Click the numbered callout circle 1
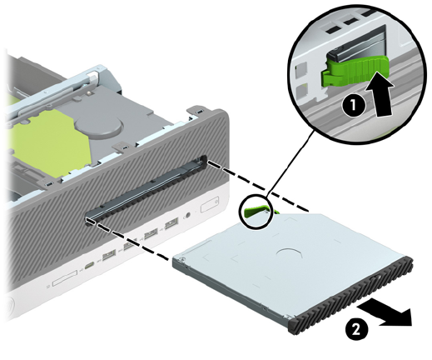click(353, 106)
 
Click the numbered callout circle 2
click(356, 330)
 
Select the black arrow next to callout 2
click(385, 314)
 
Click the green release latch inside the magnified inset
click(355, 70)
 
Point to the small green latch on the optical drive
click(256, 211)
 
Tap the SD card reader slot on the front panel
click(64, 277)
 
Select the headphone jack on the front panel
click(188, 215)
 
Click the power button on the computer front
click(210, 205)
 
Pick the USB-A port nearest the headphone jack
click(171, 223)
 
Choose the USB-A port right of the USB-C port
click(109, 256)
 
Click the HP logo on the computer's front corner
click(9, 307)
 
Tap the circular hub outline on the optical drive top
click(289, 253)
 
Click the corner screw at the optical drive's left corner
click(181, 259)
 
